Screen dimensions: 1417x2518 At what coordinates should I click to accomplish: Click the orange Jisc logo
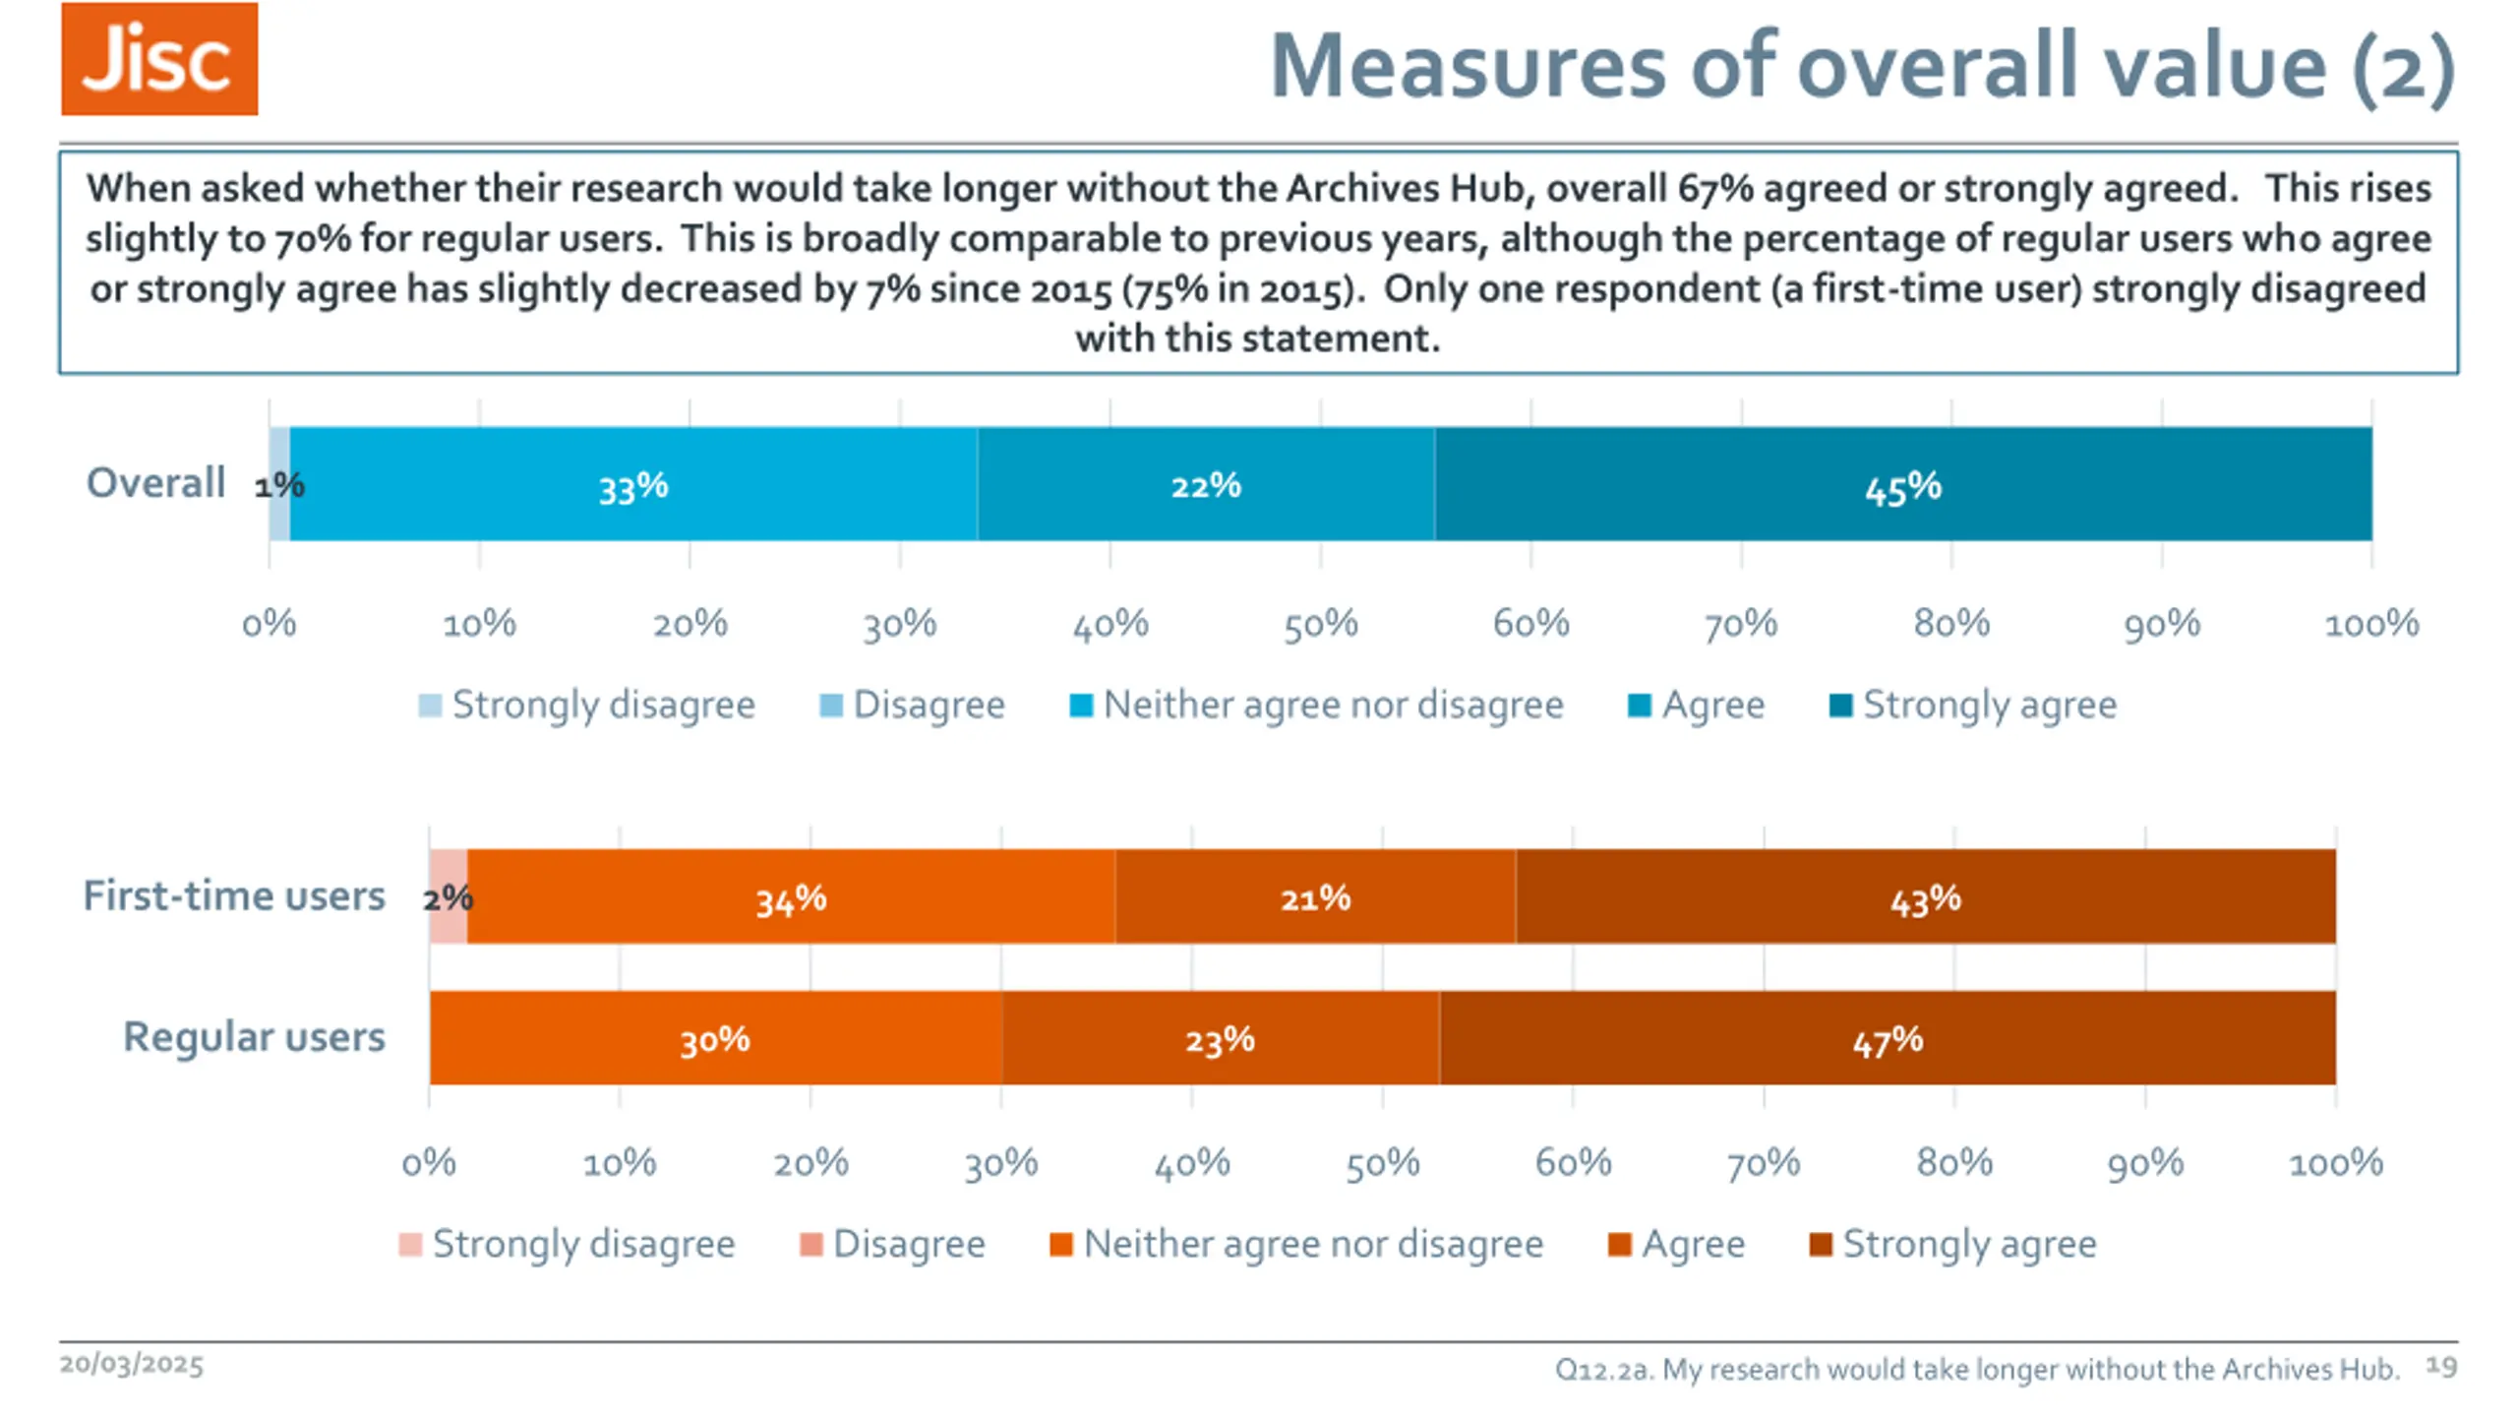[x=159, y=59]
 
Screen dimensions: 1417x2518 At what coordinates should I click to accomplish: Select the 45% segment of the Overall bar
[x=1902, y=484]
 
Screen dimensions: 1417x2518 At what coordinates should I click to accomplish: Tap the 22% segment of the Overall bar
[x=1206, y=484]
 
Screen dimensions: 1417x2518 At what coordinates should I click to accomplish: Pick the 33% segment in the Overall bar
[x=633, y=484]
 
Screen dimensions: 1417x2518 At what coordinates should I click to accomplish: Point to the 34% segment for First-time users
[x=791, y=897]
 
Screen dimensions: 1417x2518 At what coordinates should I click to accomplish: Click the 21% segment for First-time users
[x=1315, y=897]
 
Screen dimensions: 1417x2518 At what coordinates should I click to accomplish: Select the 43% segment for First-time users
[x=1925, y=897]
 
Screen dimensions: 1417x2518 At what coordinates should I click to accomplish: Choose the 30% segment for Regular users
[x=715, y=1038]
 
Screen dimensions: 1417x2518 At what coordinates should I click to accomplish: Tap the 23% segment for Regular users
[x=1220, y=1038]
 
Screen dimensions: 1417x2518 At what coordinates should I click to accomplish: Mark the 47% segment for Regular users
[x=1888, y=1038]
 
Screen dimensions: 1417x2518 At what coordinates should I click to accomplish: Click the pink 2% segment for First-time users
[x=449, y=897]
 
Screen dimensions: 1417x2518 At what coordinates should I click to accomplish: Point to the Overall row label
[x=155, y=483]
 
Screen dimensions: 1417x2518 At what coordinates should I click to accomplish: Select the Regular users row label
[x=254, y=1036]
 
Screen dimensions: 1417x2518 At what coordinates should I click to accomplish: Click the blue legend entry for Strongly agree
[x=1973, y=705]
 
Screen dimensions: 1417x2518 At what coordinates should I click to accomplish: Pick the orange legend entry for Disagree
[x=892, y=1244]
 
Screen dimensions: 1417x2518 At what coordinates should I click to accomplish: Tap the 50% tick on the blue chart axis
[x=1320, y=624]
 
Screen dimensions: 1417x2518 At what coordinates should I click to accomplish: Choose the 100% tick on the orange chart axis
[x=2335, y=1163]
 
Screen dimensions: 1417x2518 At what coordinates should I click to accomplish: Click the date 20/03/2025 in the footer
[x=132, y=1365]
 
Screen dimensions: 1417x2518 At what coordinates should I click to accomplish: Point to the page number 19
[x=2440, y=1366]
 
